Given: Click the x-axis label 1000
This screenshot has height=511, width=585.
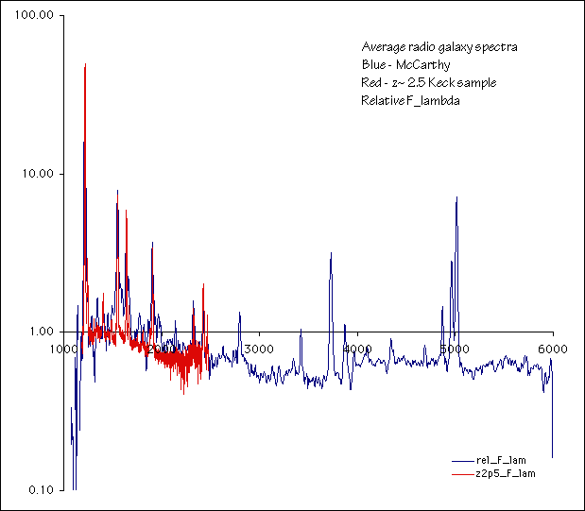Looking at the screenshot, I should pos(63,349).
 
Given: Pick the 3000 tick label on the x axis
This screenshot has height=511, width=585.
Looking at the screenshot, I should pos(259,349).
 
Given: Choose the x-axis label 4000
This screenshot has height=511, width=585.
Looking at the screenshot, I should pos(358,349).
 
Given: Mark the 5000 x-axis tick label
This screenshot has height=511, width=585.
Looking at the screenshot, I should pos(455,349).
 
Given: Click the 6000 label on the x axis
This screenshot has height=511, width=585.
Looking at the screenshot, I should pos(553,349).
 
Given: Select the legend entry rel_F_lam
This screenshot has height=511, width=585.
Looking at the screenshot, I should pos(501,460).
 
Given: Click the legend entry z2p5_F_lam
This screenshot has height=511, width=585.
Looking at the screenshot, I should pos(506,473).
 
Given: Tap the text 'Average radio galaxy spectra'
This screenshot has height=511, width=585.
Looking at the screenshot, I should pos(439,46).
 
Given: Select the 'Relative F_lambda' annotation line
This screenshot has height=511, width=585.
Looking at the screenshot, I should pos(410,101).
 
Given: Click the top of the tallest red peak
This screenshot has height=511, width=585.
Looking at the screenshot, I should pos(85,64).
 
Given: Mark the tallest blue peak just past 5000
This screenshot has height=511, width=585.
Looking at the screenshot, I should pos(456,197).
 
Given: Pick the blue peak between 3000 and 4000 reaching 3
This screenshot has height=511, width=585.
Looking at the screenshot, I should pos(331,253).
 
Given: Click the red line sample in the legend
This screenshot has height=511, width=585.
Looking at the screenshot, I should pos(460,473).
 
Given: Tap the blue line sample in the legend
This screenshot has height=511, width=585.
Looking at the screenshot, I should pos(460,460).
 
